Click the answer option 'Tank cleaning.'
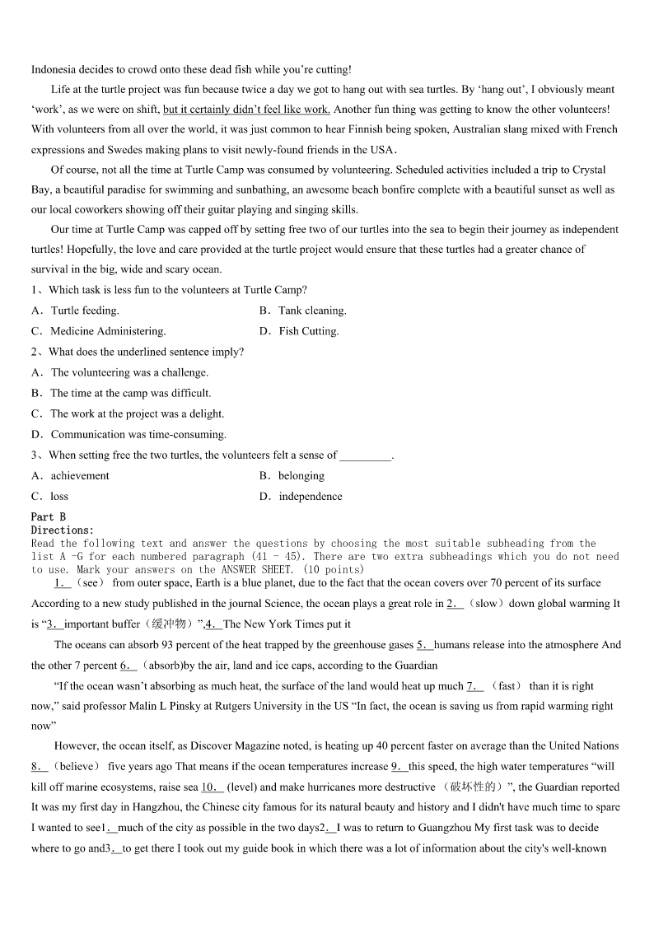(312, 311)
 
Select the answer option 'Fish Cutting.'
(309, 331)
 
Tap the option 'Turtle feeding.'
(85, 311)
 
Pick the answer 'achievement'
(80, 475)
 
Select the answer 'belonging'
(301, 475)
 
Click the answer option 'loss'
(59, 496)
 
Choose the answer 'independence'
(311, 496)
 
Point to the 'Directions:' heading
(63, 530)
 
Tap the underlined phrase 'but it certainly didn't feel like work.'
(246, 109)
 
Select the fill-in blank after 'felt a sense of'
(366, 455)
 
